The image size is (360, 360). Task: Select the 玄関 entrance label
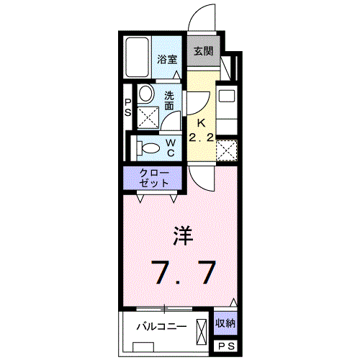pos(203,51)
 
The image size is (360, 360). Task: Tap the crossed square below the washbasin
pos(148,117)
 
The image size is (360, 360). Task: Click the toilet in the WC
pos(149,148)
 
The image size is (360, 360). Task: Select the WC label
pos(171,147)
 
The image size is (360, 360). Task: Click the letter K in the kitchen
pos(202,122)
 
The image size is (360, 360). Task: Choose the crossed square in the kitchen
pos(227,150)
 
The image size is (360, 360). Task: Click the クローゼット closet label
pos(155,177)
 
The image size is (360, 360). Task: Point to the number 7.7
pos(183,272)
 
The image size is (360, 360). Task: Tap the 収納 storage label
pos(226,323)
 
